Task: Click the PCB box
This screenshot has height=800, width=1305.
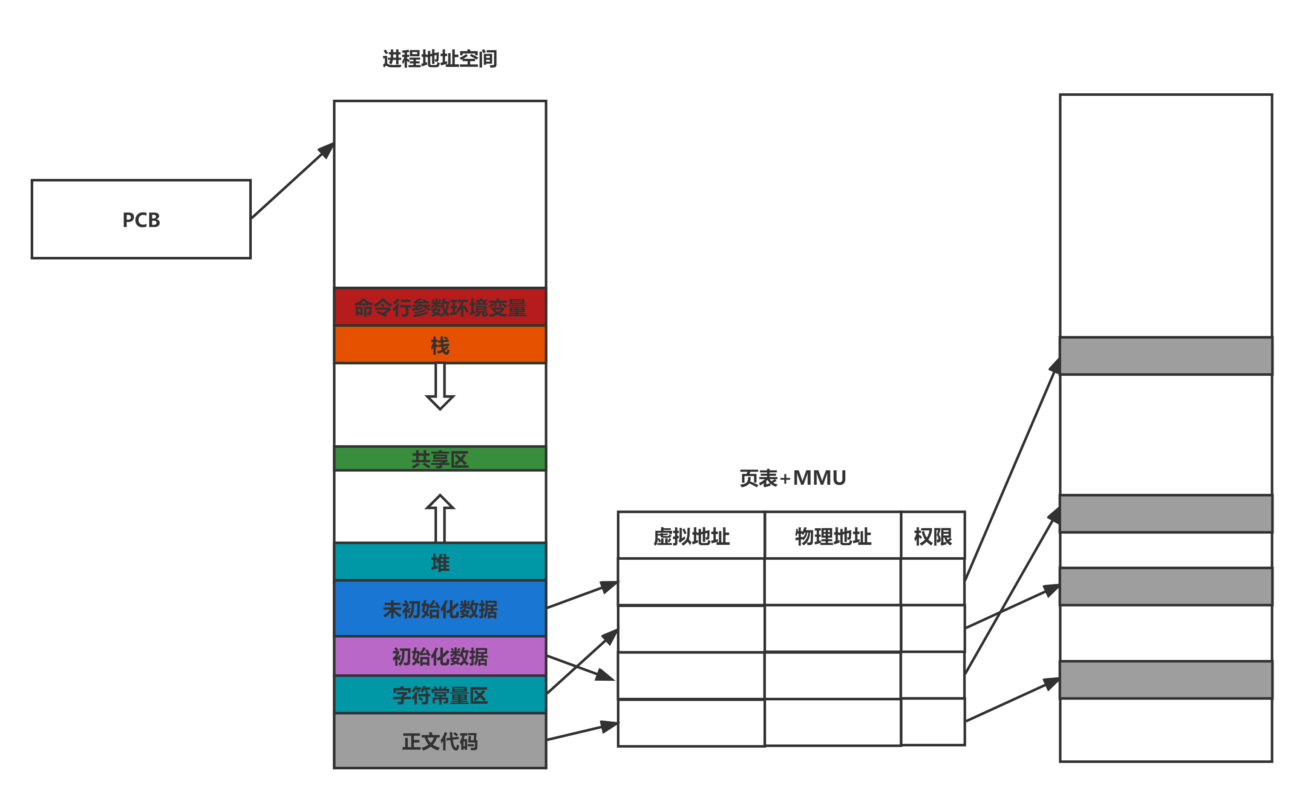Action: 141,219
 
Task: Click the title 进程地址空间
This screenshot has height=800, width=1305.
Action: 440,59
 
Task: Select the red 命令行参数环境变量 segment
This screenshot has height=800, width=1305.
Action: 440,307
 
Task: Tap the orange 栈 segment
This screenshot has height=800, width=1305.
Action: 440,345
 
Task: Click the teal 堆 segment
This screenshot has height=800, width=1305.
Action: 440,562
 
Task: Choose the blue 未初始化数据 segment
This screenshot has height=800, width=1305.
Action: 440,609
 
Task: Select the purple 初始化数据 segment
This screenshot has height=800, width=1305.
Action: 440,656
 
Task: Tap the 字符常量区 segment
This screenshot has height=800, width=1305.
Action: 440,695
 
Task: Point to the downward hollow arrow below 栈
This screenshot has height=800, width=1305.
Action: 440,386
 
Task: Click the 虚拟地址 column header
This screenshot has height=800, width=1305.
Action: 691,536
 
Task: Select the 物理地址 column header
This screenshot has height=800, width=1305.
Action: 833,536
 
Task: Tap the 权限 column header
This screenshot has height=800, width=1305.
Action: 933,536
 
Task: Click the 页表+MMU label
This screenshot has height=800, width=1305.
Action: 792,478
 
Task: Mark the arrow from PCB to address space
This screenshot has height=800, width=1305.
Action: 292,181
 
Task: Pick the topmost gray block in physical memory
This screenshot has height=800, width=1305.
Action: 1165,356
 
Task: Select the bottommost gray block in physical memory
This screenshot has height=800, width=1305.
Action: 1165,680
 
